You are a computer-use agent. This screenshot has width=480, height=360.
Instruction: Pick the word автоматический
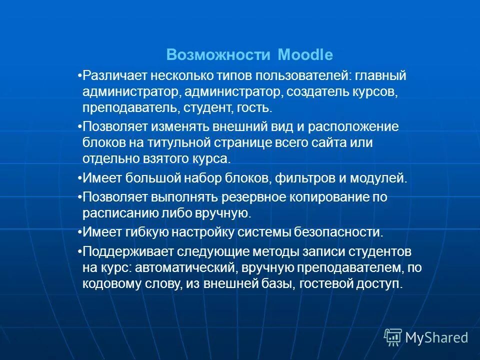[x=185, y=267]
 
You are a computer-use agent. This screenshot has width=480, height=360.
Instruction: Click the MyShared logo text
[x=436, y=337]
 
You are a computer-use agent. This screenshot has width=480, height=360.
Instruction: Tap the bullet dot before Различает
[x=80, y=76]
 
